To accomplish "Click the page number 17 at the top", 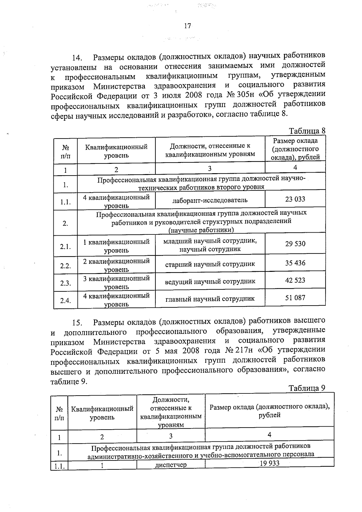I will tap(187, 26).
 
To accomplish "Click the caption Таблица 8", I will tap(307, 131).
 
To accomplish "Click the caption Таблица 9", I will tap(307, 388).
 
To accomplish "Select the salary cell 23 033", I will tap(295, 199).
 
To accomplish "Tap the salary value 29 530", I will tap(295, 244).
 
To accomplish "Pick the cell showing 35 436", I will tap(295, 263).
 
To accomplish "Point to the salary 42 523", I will tap(295, 280).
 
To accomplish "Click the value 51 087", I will tap(295, 298).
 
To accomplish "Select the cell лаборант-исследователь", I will tap(210, 200).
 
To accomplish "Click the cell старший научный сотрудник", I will tap(210, 264).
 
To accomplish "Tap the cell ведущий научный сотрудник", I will tap(210, 281).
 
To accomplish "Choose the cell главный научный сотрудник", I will tap(210, 299).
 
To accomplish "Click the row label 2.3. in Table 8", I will tap(65, 283).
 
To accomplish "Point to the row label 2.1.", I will tap(65, 247).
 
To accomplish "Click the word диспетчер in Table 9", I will tap(171, 465).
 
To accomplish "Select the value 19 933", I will tap(269, 463).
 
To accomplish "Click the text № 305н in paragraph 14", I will tap(241, 95).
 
